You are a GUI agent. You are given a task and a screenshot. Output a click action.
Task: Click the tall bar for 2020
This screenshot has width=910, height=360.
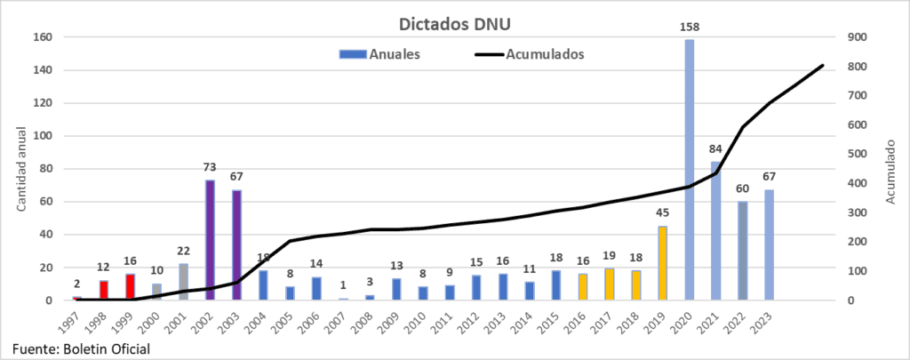[690, 169]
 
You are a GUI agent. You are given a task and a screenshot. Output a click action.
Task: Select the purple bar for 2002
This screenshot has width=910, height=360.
[211, 240]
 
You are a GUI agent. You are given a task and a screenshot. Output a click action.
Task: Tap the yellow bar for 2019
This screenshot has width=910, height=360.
[663, 263]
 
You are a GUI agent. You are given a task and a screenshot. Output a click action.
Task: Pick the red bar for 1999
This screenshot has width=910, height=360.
[131, 287]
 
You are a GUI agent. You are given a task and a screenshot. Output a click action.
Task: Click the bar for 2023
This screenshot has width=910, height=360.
[770, 244]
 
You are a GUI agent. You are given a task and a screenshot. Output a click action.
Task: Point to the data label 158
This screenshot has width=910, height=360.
[690, 28]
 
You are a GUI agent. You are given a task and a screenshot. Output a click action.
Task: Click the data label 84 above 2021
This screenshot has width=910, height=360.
[716, 150]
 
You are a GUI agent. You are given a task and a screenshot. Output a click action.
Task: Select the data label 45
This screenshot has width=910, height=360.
[663, 214]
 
